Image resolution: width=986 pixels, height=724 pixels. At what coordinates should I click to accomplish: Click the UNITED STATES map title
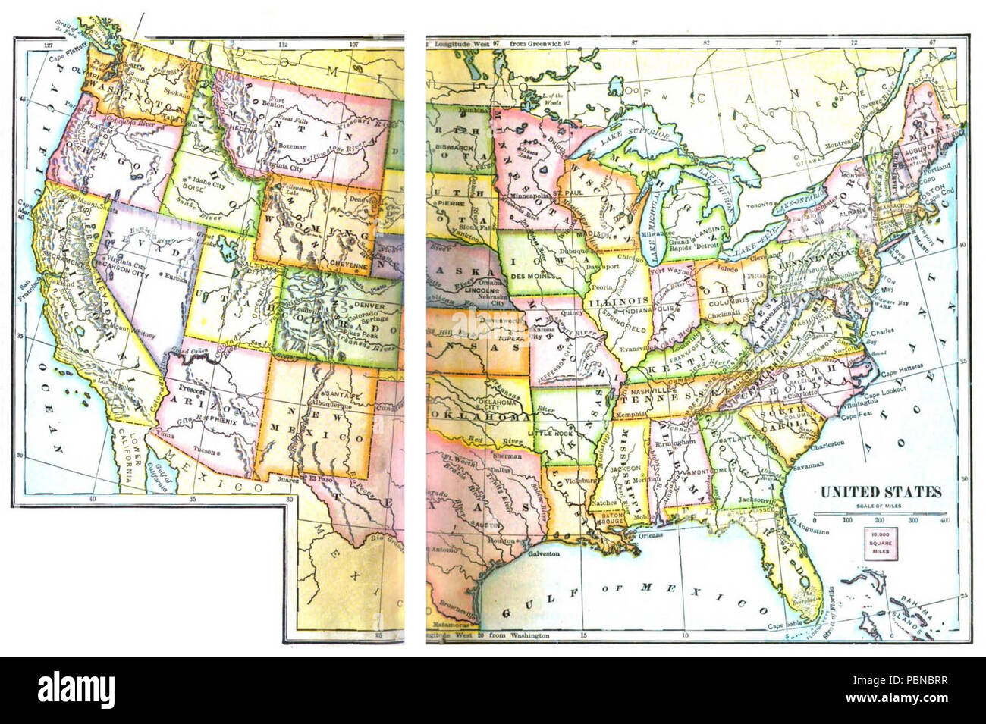(x=880, y=492)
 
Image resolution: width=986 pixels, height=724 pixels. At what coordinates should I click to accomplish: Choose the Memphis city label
(x=630, y=415)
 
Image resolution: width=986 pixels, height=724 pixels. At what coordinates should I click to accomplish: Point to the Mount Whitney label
(x=134, y=334)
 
